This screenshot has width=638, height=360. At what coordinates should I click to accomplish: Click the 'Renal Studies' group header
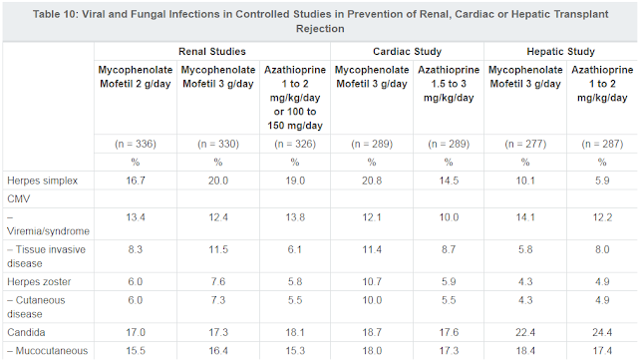(x=214, y=50)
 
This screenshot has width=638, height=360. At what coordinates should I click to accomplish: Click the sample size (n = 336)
(x=136, y=143)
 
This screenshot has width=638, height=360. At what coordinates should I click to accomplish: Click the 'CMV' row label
(x=20, y=199)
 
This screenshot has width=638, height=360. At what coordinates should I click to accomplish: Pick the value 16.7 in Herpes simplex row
(x=136, y=180)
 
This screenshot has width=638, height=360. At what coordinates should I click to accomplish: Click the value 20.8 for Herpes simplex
(x=371, y=180)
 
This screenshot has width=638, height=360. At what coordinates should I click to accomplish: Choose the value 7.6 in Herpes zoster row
(x=214, y=281)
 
